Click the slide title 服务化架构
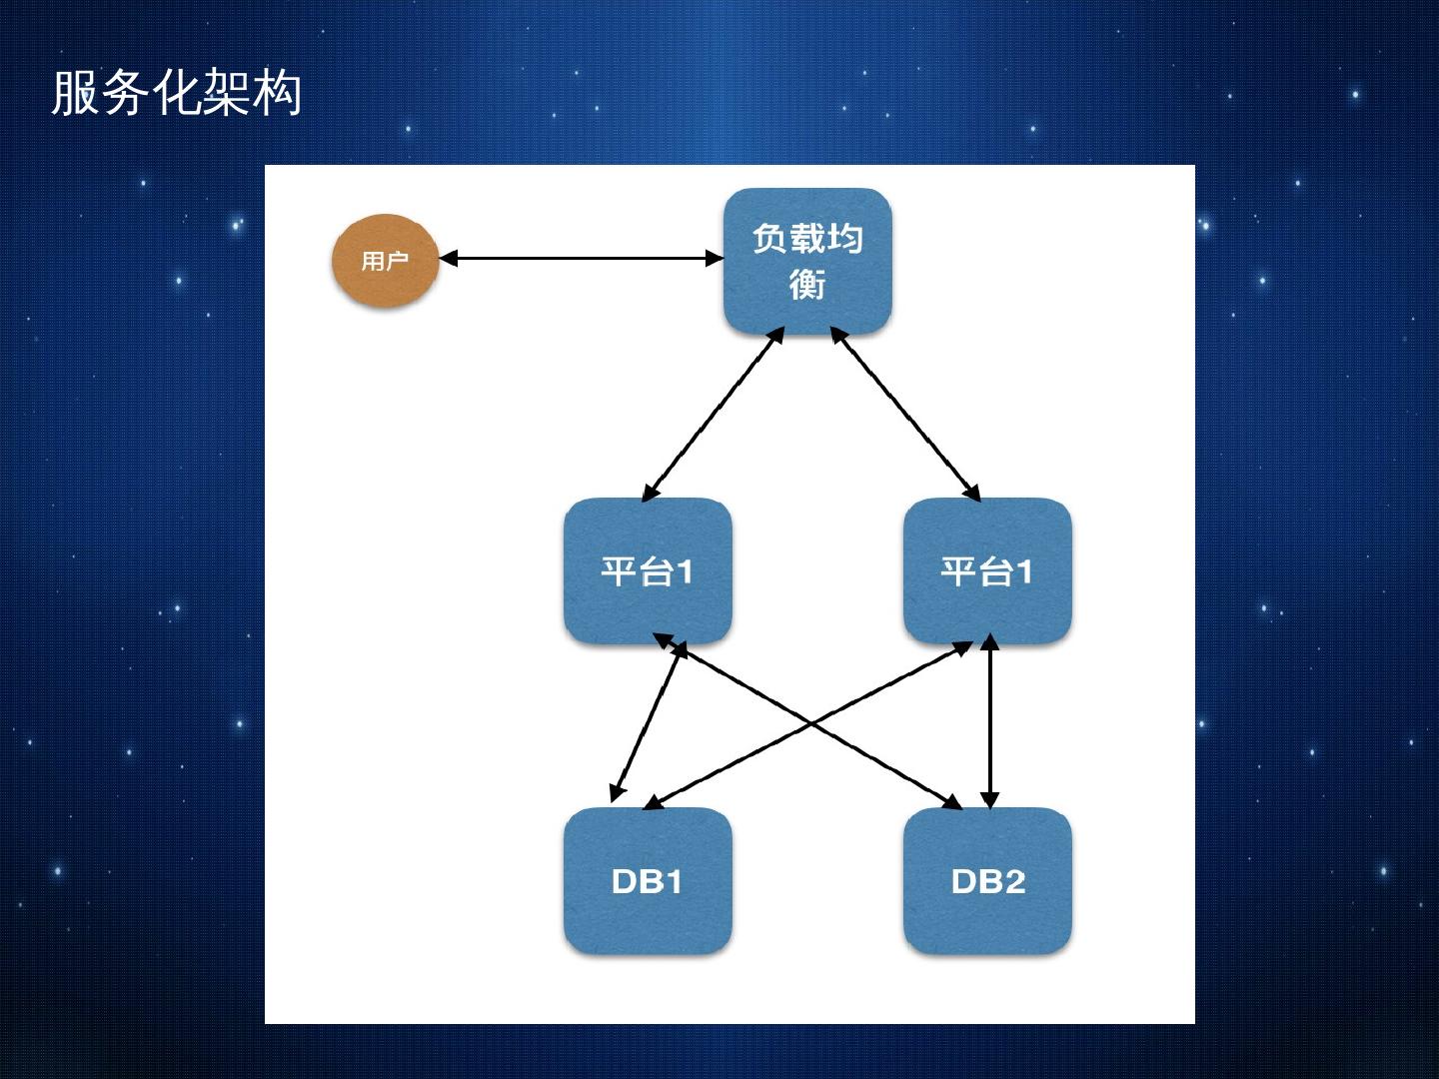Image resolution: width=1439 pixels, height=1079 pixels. click(x=176, y=94)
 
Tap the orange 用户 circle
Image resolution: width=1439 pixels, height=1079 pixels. click(x=385, y=261)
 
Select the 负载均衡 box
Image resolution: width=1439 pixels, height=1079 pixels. click(x=807, y=261)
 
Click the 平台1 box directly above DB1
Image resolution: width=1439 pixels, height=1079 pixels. click(x=648, y=571)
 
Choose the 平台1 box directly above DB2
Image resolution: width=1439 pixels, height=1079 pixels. click(x=987, y=571)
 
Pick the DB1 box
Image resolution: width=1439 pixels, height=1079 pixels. click(x=648, y=881)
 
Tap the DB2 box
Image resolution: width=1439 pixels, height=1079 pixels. click(x=987, y=881)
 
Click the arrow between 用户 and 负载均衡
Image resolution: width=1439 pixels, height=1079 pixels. click(x=580, y=258)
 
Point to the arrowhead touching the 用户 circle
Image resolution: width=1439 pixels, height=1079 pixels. click(x=448, y=258)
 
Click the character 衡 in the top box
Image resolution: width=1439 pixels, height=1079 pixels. click(x=807, y=285)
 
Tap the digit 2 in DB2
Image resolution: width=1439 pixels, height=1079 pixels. click(x=1012, y=881)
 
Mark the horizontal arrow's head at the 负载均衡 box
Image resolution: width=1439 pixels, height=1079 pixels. click(x=715, y=258)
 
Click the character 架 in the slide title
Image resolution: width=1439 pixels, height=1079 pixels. click(x=225, y=94)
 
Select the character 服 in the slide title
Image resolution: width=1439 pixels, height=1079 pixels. click(x=75, y=94)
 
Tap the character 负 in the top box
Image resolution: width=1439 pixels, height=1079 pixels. click(x=770, y=239)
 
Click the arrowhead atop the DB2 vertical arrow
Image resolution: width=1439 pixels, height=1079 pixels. click(x=989, y=641)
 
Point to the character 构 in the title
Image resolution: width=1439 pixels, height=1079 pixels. click(x=277, y=94)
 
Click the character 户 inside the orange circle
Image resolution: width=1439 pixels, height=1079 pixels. click(x=398, y=261)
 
